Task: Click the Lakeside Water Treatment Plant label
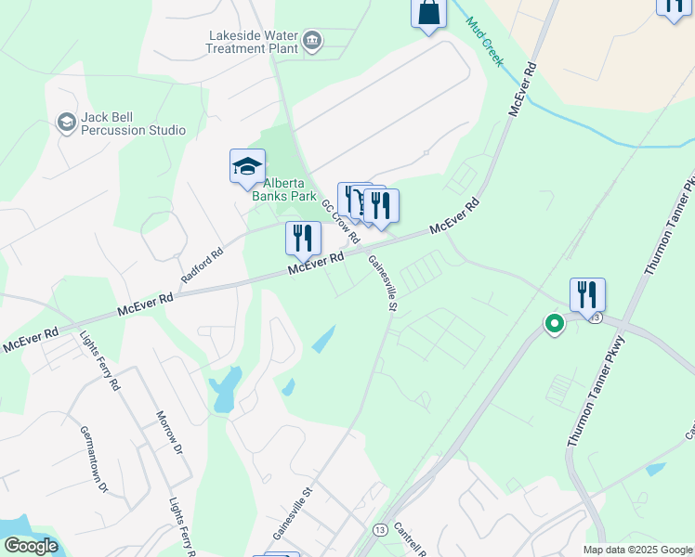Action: point(253,42)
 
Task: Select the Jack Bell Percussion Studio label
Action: point(133,123)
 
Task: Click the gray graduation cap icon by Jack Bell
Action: point(66,123)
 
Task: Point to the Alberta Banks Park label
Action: point(284,188)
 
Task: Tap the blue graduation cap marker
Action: point(248,167)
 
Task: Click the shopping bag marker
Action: point(429,13)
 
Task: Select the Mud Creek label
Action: point(484,41)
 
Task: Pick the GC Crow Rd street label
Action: point(340,220)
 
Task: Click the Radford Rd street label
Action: point(203,266)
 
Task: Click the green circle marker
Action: point(555,324)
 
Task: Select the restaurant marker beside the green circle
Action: point(587,295)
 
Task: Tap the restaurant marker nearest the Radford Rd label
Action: point(303,239)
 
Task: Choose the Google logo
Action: point(30,546)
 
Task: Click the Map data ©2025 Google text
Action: point(636,550)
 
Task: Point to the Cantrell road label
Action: point(409,538)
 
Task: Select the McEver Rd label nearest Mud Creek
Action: point(524,89)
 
